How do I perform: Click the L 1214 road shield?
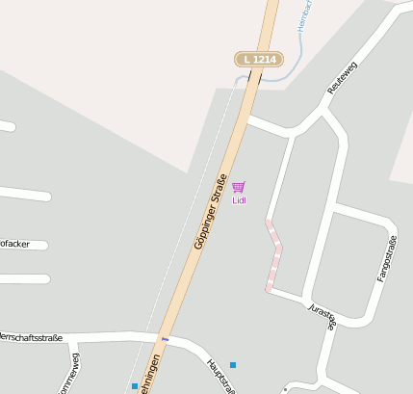[x=259, y=60]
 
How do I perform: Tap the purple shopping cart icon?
[x=239, y=187]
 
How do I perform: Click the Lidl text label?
[x=239, y=200]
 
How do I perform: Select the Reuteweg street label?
[x=342, y=76]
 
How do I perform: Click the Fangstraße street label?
[x=386, y=258]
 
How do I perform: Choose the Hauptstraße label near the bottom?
[x=220, y=377]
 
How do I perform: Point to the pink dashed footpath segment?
[x=275, y=255]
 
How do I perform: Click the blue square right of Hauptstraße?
[x=233, y=364]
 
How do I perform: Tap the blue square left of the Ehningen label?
[x=134, y=386]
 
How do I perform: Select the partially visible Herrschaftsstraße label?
[x=31, y=337]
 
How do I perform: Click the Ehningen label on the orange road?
[x=150, y=378]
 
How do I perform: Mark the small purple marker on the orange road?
[x=165, y=339]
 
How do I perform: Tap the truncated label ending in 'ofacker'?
[x=14, y=244]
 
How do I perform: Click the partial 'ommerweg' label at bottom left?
[x=74, y=378]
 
